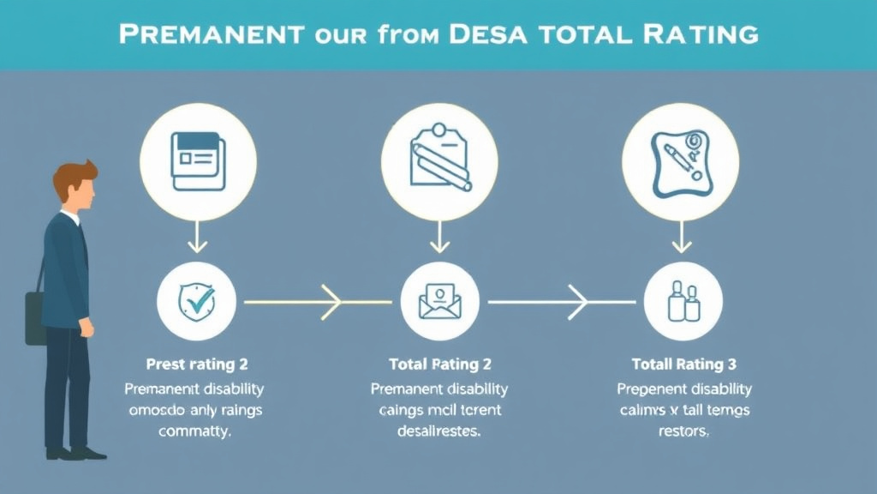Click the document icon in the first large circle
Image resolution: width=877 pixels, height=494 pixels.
point(198,160)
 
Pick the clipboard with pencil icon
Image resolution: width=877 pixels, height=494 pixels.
point(440,160)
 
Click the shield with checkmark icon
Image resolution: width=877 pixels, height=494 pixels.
point(198,302)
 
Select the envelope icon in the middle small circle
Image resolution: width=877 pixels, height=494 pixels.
point(440,302)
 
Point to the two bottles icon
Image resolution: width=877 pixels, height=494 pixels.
point(683,302)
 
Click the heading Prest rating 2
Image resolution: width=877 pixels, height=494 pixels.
point(197,364)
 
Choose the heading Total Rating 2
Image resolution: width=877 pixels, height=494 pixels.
point(440,364)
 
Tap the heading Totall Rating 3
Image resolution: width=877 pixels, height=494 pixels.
point(683,364)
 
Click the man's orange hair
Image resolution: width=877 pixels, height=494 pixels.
point(73,178)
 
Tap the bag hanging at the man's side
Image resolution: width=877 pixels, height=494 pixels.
point(35,317)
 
